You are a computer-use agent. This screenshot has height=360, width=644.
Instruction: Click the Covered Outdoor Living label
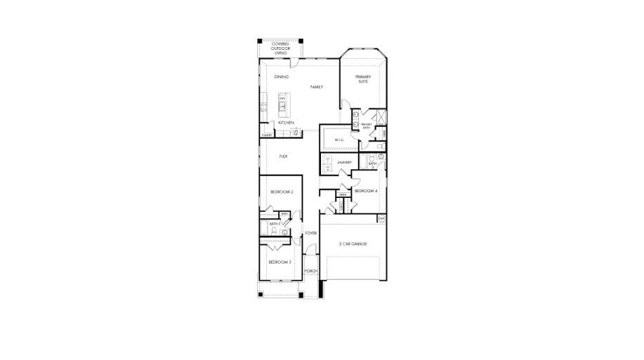coord(280,48)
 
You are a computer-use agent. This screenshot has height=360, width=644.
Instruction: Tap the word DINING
coord(282,76)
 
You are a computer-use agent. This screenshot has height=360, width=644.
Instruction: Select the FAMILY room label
coord(317,86)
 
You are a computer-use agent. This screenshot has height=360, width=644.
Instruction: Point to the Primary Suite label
coord(362,79)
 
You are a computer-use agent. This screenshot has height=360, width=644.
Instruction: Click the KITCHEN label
coord(285,123)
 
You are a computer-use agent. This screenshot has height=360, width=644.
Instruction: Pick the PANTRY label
coord(267,135)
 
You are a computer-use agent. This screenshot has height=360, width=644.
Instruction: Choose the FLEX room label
coord(284,156)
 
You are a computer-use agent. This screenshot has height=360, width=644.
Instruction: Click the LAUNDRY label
coord(344,162)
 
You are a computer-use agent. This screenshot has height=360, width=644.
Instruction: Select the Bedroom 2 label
coord(281,191)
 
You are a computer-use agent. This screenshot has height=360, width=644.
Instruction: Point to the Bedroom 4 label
coord(365,191)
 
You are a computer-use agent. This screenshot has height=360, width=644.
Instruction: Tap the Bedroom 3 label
coord(280,262)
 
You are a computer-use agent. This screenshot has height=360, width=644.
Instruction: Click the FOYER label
coord(311,232)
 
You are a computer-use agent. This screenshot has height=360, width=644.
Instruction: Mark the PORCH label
coord(311,271)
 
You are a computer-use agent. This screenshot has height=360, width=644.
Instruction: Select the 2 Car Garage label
coord(353,244)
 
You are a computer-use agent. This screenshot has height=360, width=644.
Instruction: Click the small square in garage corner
coord(381,219)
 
